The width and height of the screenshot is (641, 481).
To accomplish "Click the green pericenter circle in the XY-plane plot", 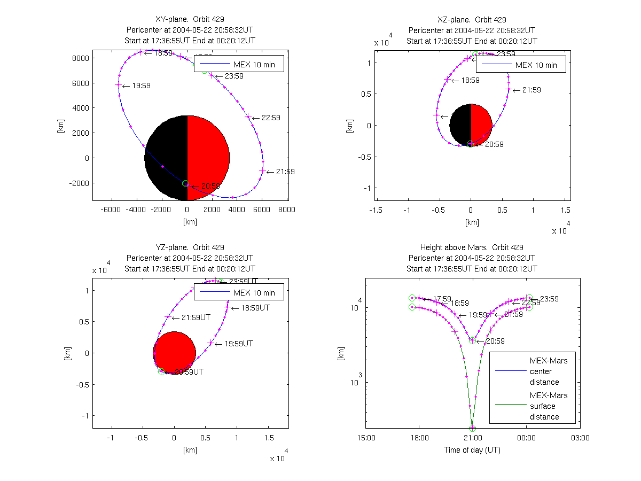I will click(185, 183).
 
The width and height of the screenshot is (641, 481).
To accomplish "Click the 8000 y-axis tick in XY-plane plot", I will click(81, 58).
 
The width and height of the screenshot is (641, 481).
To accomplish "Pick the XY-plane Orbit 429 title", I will click(190, 20).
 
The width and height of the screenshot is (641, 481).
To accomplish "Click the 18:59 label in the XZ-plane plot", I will click(468, 80).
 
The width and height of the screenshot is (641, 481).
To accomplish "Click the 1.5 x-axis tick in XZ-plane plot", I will click(565, 210).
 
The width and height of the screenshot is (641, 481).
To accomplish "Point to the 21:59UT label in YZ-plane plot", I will click(196, 317).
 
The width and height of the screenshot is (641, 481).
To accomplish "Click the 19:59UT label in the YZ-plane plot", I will click(238, 344).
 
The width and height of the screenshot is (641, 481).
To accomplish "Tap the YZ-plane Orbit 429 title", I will click(190, 247).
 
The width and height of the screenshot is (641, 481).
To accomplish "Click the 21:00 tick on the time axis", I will click(472, 438).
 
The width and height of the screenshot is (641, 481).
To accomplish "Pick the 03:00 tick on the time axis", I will click(580, 438).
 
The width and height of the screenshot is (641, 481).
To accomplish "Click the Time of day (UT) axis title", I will click(472, 450).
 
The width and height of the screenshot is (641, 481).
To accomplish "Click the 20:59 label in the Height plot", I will click(494, 341).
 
